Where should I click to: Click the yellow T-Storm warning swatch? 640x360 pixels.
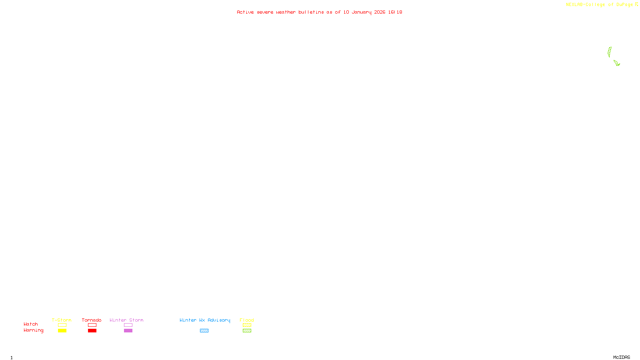coord(62,331)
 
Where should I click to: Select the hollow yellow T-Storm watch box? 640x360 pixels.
coord(62,325)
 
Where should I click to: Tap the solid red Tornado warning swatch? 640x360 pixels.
coord(92,331)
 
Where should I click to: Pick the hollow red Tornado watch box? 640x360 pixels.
coord(92,325)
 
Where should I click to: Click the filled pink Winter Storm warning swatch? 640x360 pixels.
coord(128,331)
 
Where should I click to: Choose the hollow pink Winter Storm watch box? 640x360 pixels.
coord(128,325)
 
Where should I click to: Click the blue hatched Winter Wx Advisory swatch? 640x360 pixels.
coord(204,331)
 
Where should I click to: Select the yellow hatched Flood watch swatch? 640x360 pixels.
coord(247,325)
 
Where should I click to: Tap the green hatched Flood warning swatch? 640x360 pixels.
coord(247,331)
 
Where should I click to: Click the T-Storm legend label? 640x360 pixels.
coord(62,320)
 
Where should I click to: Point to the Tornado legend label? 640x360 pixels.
coord(92,320)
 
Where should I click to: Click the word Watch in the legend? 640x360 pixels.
coord(31,324)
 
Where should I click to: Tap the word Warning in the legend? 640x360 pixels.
coord(34,330)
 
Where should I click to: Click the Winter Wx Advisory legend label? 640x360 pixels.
coord(205,320)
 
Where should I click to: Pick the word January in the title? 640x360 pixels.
coord(362,12)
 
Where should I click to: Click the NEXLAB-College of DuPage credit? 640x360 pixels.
coord(600,4)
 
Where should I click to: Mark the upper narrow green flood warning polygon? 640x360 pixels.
coord(610,52)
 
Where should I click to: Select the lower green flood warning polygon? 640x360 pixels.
coord(616,63)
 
